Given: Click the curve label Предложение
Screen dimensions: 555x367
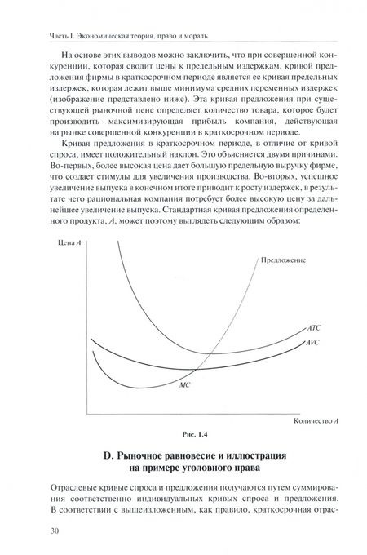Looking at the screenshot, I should click(284, 260).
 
